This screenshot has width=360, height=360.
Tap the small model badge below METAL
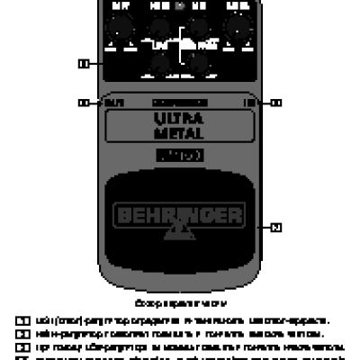click(x=180, y=157)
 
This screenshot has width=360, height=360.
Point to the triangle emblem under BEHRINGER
click(x=180, y=236)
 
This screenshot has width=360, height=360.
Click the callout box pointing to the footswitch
click(x=275, y=227)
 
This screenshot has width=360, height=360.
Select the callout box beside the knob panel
click(x=83, y=63)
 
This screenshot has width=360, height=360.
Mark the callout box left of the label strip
click(x=83, y=103)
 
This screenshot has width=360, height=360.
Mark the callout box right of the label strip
click(x=275, y=103)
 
